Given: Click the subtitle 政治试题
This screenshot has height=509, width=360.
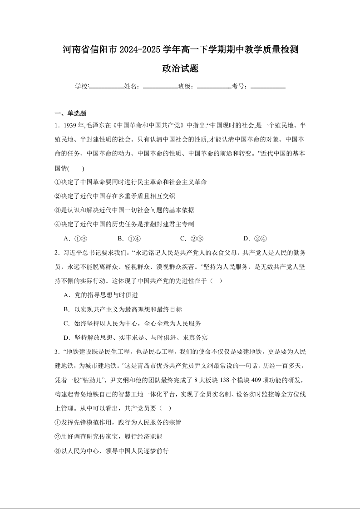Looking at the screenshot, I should point(180,69).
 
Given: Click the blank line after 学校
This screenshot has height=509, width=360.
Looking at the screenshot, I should point(107,86).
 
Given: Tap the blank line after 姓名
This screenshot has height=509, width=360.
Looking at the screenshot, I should point(160,86).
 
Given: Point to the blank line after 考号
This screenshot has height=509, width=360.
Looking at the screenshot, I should point(268,86).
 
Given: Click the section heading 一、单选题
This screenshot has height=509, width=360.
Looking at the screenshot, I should point(70,113).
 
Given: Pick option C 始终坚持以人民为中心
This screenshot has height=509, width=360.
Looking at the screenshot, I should point(132,323).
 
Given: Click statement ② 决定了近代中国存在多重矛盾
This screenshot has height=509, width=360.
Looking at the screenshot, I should point(115,196).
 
